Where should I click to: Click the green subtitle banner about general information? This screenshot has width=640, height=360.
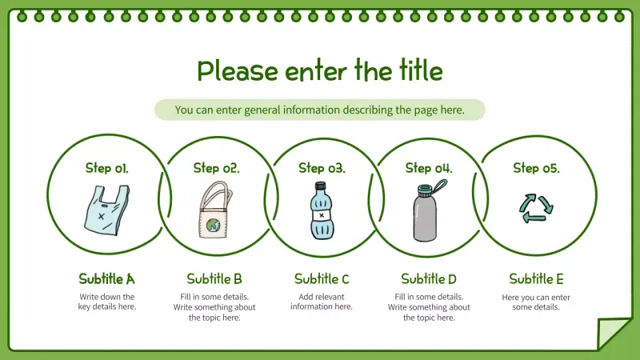click(x=319, y=110)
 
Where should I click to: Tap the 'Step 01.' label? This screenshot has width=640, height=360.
click(x=107, y=168)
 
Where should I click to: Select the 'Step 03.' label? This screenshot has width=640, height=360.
click(x=322, y=168)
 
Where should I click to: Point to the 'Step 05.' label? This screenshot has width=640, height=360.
click(x=536, y=168)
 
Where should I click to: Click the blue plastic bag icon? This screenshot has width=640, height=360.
click(x=106, y=210)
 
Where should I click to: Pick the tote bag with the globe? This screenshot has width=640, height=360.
click(x=215, y=210)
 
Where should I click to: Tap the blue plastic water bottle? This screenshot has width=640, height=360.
click(x=322, y=210)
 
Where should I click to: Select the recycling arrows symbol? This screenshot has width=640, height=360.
click(x=536, y=208)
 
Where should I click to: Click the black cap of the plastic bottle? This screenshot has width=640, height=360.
click(x=321, y=186)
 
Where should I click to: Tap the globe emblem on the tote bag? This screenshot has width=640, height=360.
click(x=213, y=225)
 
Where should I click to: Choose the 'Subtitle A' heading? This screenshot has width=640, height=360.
click(x=106, y=279)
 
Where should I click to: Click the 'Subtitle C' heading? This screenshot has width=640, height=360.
click(x=322, y=279)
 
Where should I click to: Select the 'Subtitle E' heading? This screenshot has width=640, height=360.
click(x=536, y=279)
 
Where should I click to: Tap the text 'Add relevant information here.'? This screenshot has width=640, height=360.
click(x=322, y=302)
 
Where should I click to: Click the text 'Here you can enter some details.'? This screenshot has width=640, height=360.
click(x=536, y=302)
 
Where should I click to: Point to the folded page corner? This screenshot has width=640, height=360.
click(x=612, y=333)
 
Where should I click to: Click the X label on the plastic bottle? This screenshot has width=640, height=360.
click(x=322, y=215)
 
